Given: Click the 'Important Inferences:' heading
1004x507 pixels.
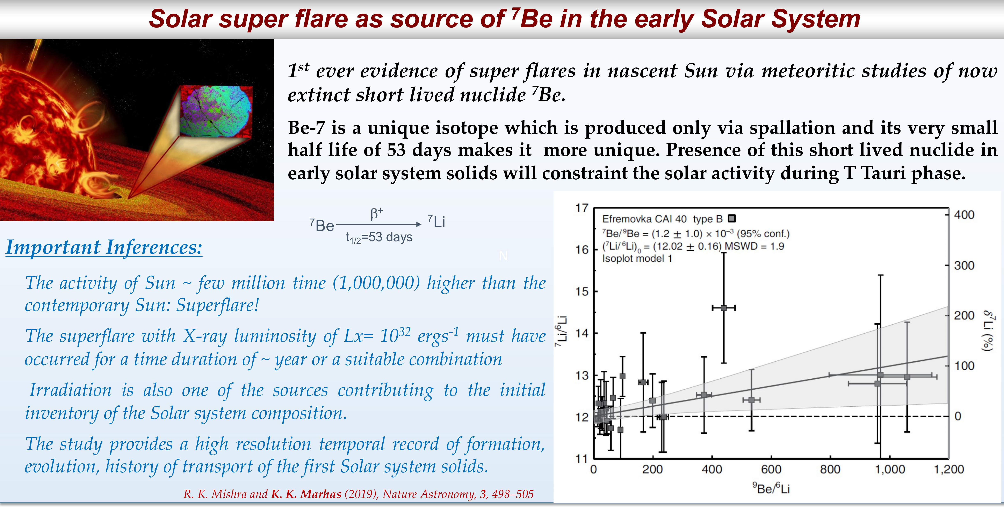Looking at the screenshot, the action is click(104, 247).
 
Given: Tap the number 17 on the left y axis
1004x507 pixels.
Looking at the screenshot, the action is click(582, 208).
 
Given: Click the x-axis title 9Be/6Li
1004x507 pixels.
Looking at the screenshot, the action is click(771, 488).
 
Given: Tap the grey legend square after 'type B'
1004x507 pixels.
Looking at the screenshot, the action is click(732, 219).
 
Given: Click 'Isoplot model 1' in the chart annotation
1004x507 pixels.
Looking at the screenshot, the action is click(637, 258).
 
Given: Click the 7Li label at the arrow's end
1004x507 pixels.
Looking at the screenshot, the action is click(436, 221).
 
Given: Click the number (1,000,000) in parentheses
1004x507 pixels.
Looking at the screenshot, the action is click(376, 283).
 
